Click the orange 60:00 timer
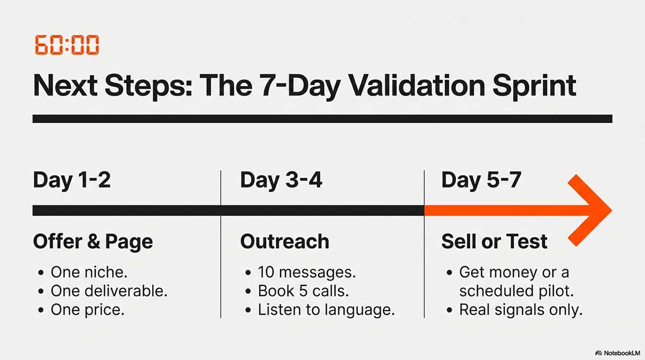[67, 45]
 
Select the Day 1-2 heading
[71, 181]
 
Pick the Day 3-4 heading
[281, 181]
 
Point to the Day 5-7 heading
[481, 181]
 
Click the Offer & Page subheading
[93, 241]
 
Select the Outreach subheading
[284, 241]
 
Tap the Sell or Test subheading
[494, 241]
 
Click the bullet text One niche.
[89, 272]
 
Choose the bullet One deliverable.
[109, 291]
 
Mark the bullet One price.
[88, 310]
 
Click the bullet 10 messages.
[307, 272]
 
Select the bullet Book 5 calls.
[303, 291]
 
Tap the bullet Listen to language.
[326, 310]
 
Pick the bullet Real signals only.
[521, 310]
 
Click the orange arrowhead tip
[612, 211]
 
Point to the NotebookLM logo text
[622, 353]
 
